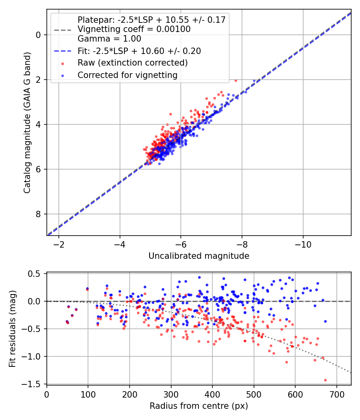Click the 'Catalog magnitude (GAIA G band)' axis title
(x=27, y=123)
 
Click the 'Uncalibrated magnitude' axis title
(x=199, y=256)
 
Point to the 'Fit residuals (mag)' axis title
(x=12, y=329)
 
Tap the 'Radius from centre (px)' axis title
(x=199, y=406)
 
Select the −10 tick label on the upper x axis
(x=303, y=244)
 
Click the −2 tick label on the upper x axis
(x=59, y=244)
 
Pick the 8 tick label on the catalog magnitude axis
(x=38, y=214)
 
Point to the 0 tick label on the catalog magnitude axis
(x=38, y=35)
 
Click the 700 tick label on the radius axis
(x=336, y=394)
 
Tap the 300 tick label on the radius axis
(x=171, y=394)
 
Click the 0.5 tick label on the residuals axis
(x=34, y=274)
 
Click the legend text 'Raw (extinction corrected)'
(x=132, y=63)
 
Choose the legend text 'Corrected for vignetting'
(x=128, y=75)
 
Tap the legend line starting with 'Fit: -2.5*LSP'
(x=139, y=51)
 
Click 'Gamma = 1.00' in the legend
(x=109, y=38)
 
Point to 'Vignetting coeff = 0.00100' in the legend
(x=134, y=29)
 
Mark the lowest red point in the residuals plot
(x=326, y=380)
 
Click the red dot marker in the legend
(x=63, y=64)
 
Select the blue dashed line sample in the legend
(x=63, y=51)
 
